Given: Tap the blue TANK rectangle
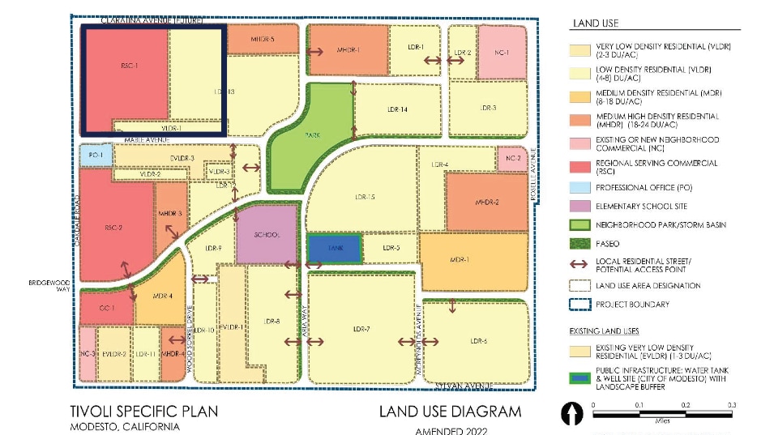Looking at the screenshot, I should click(x=333, y=249).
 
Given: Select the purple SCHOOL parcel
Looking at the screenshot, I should click(x=267, y=235).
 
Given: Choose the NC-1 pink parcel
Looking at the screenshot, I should click(x=502, y=53).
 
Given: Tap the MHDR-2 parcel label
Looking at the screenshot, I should click(x=486, y=202).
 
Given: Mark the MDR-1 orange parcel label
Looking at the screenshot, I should click(x=460, y=260).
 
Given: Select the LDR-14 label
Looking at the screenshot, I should click(x=396, y=109).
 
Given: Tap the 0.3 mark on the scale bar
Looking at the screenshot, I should click(x=731, y=404).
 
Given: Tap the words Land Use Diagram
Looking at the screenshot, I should click(x=450, y=412).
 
